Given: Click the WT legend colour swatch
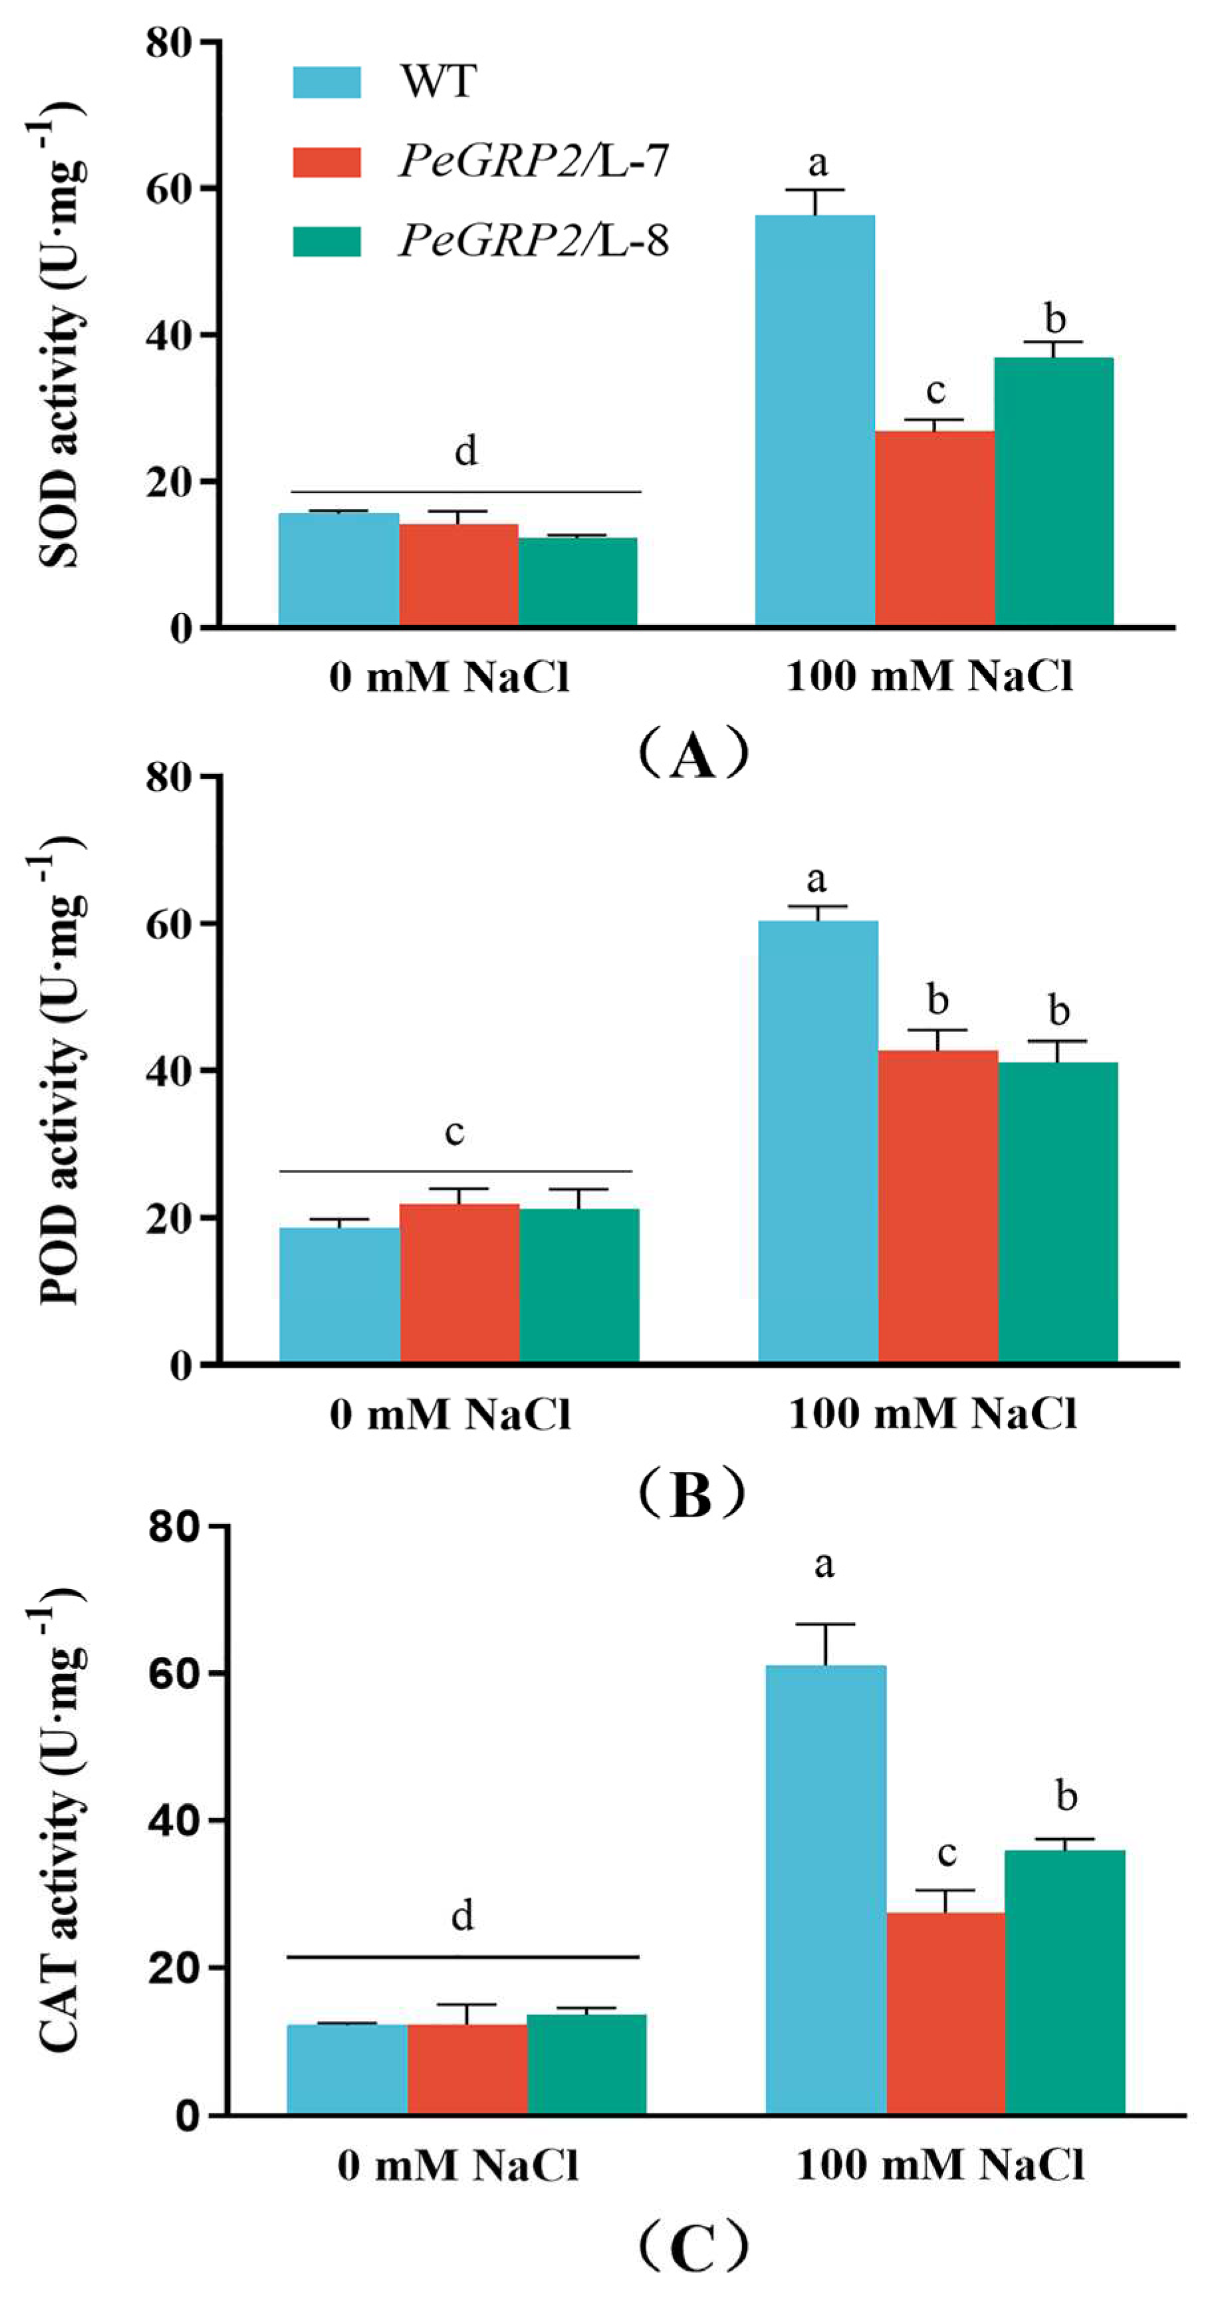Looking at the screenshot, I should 327,82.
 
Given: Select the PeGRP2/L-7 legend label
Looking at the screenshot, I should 534,162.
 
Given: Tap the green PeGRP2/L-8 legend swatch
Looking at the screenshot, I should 327,241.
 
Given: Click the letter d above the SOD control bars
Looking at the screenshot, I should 466,451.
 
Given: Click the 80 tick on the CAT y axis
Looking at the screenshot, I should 176,1526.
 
